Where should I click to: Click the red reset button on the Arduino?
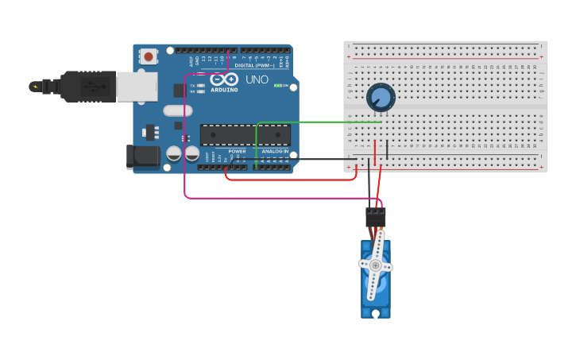[x=148, y=56]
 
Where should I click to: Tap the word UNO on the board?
[x=257, y=80]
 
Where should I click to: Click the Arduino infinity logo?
[x=225, y=79]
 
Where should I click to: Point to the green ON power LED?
[x=277, y=85]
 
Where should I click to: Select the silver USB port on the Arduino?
[x=137, y=87]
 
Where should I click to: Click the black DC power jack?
[x=143, y=157]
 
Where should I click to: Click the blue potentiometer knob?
[x=381, y=98]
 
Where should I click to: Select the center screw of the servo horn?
[x=376, y=265]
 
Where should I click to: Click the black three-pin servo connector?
[x=376, y=217]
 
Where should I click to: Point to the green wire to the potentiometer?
[x=318, y=122]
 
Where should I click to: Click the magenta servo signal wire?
[x=185, y=159]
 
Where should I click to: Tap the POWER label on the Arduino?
[x=237, y=151]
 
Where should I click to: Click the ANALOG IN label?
[x=275, y=151]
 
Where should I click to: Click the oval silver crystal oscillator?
[x=177, y=111]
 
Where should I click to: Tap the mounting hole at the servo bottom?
[x=376, y=312]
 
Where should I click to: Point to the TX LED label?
[x=193, y=85]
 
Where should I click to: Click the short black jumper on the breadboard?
[x=387, y=149]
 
